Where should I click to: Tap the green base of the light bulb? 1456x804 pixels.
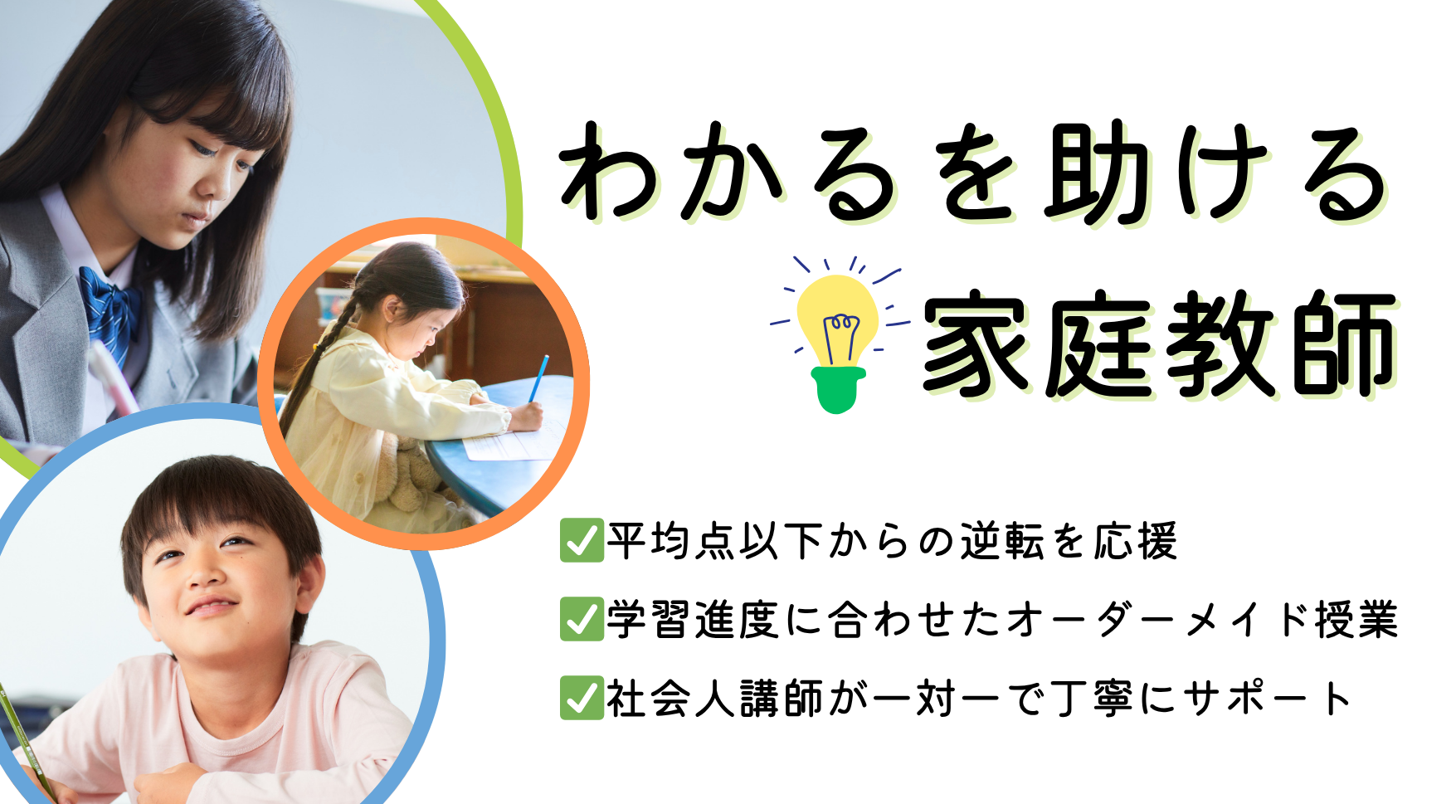click(838, 389)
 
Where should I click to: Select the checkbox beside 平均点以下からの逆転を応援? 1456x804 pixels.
click(582, 541)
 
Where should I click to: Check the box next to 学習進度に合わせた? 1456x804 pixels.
click(582, 619)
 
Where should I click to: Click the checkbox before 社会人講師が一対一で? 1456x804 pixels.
click(582, 698)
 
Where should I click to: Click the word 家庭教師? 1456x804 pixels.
click(1160, 343)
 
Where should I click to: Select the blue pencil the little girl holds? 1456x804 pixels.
click(539, 378)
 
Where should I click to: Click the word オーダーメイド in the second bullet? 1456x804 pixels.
click(1158, 620)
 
